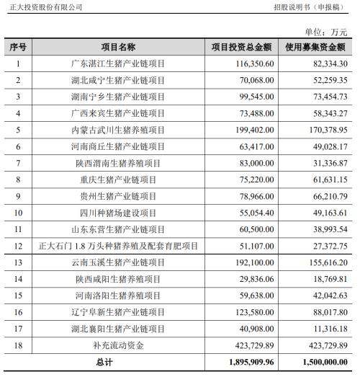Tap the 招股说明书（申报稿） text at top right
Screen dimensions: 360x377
(x=310, y=7)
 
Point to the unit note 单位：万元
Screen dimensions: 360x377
(x=326, y=32)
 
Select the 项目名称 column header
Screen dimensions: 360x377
(x=118, y=48)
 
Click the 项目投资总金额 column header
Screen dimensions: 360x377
(x=241, y=48)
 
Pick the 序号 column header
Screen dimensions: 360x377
(x=19, y=48)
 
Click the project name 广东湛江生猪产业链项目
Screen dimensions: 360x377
(x=118, y=64)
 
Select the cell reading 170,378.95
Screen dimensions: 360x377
(x=326, y=130)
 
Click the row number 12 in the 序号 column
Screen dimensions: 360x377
(x=19, y=246)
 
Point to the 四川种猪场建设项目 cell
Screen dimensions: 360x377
(x=118, y=213)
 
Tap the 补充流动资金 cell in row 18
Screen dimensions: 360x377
(x=118, y=345)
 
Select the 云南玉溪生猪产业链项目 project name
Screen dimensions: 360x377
(x=118, y=262)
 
